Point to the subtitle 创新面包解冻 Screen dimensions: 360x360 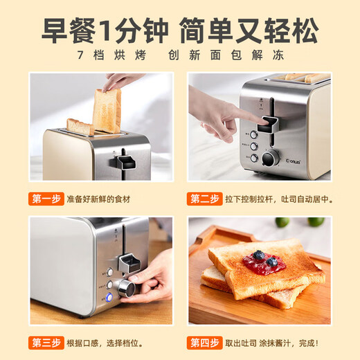(x=235, y=55)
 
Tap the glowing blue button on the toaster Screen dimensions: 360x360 (x=109, y=298)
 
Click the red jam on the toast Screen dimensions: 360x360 (x=264, y=262)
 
